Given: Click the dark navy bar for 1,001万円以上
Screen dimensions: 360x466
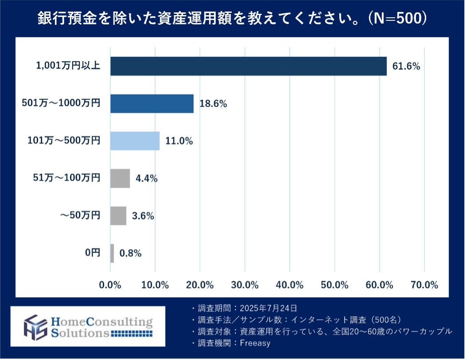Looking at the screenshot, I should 248,67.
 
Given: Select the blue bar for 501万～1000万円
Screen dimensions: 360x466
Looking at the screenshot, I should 152,104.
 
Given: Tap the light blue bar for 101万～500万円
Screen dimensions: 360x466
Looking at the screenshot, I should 135,141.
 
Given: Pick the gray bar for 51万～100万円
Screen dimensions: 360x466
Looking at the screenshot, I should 120,178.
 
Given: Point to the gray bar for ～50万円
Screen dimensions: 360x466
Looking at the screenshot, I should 118,216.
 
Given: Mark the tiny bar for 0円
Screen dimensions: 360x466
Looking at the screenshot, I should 112,253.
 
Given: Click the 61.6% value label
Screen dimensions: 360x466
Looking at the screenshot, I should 406,67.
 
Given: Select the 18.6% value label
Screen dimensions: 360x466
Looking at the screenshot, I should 213,104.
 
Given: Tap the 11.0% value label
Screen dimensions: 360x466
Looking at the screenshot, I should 179,141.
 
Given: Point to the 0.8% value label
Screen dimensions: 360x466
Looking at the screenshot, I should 130,254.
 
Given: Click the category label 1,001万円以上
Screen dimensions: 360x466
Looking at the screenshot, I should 68,67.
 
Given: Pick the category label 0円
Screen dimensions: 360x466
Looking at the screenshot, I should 93,253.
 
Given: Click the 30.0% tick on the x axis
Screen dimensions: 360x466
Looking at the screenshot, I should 245,285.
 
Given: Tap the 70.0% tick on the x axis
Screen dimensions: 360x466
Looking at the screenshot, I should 424,285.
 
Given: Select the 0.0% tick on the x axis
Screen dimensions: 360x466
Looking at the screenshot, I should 110,285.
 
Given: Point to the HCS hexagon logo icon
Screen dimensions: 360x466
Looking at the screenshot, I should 36,326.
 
